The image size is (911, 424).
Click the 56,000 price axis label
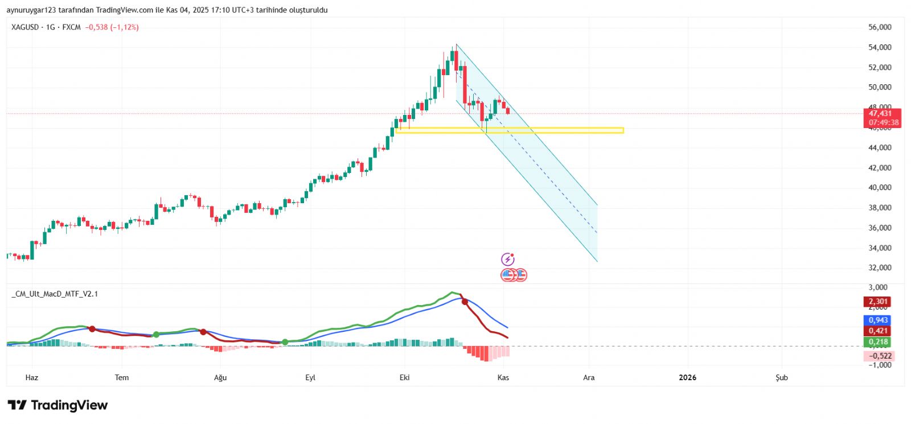pyautogui.click(x=880, y=27)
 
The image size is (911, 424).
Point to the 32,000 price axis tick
pyautogui.click(x=880, y=267)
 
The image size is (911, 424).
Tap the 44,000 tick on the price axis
pyautogui.click(x=880, y=147)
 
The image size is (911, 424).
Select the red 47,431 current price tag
pyautogui.click(x=880, y=114)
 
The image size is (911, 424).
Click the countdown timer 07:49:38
pyautogui.click(x=884, y=122)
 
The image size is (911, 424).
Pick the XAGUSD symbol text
pyautogui.click(x=25, y=27)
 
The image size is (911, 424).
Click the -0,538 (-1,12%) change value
pyautogui.click(x=112, y=27)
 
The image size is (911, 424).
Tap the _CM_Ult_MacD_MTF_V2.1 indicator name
pyautogui.click(x=55, y=294)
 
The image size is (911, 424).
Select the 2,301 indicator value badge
pyautogui.click(x=878, y=302)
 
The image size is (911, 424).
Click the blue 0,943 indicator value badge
pyautogui.click(x=878, y=320)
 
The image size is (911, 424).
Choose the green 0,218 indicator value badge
pyautogui.click(x=878, y=342)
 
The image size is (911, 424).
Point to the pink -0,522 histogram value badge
pyautogui.click(x=879, y=356)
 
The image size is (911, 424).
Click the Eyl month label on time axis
pyautogui.click(x=310, y=377)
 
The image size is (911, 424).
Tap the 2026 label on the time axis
pyautogui.click(x=687, y=377)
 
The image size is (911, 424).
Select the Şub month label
pyautogui.click(x=782, y=377)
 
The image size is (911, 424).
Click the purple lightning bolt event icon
pyautogui.click(x=507, y=260)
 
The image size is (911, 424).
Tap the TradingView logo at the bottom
pyautogui.click(x=58, y=405)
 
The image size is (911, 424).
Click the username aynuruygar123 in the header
pyautogui.click(x=32, y=10)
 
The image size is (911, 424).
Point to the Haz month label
pyautogui.click(x=32, y=377)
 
